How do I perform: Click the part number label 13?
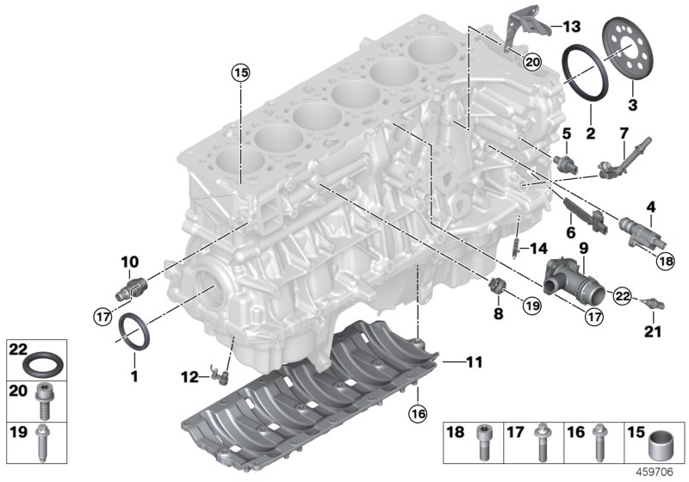pos(573,25)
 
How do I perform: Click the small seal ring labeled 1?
pos(135,331)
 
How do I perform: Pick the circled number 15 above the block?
pos(239,73)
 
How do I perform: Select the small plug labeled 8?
pos(496,286)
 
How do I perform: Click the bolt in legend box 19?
pos(40,440)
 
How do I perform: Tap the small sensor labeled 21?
pos(657,304)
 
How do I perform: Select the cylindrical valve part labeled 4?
pos(637,230)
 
